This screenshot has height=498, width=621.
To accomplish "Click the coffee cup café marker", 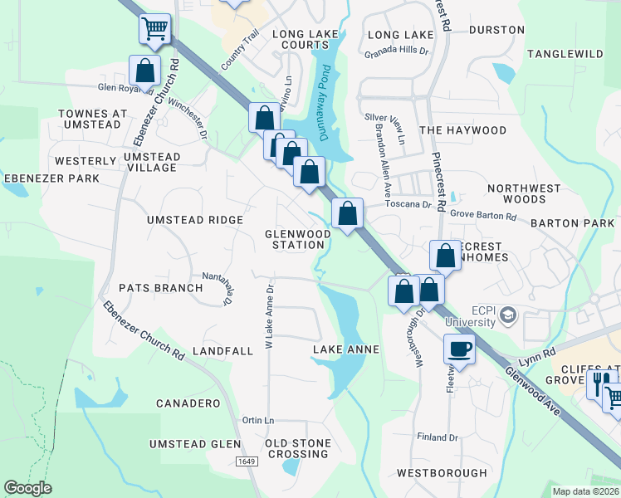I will (x=459, y=349).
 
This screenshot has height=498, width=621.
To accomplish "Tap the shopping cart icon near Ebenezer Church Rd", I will (x=154, y=28).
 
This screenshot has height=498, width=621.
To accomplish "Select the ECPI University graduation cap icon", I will (x=507, y=314).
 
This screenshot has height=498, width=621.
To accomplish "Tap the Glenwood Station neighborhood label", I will (x=298, y=239).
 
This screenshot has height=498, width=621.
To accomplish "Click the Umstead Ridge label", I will (x=195, y=220).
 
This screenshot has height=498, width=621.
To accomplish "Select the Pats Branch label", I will (x=161, y=288).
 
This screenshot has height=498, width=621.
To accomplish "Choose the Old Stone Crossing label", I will (x=297, y=448).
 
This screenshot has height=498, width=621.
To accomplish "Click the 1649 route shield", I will (x=246, y=461).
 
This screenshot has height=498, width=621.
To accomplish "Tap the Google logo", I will (x=28, y=488).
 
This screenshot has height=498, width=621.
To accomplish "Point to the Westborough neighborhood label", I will (x=442, y=473).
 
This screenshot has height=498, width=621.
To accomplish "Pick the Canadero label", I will (x=188, y=403).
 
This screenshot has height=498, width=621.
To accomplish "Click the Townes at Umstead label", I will (x=93, y=119).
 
